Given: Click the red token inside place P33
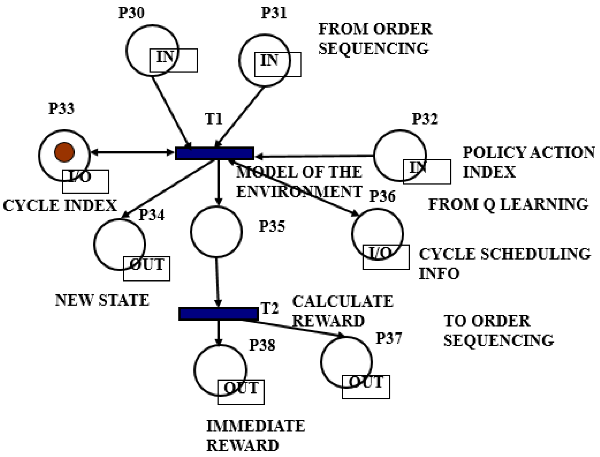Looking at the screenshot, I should tap(64, 152).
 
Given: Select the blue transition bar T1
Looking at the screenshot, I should tap(214, 154).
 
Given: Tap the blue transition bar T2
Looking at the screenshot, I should tap(218, 314).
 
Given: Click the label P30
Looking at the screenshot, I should tap(131, 13).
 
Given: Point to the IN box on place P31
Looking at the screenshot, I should tap(278, 64).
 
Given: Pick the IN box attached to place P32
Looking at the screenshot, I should tap(427, 172).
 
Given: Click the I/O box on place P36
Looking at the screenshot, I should tap(386, 257).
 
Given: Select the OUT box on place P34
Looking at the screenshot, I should tap(146, 268).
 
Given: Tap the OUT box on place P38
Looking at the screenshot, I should tap(241, 392).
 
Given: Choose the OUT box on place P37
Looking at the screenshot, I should tap(366, 387).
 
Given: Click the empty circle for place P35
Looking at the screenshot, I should tap(216, 231).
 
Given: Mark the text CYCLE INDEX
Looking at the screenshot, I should tap(60, 205).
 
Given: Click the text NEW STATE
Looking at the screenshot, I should tap(102, 300).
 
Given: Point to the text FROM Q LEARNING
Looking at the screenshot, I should tap(508, 205).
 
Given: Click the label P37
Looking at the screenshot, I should tap(389, 338).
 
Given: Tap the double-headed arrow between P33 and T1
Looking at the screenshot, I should tap(132, 153).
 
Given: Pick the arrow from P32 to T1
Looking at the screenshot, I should tap(314, 156).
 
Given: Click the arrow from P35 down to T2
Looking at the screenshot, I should tap(217, 282).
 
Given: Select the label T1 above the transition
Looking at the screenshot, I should tap(214, 119).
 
